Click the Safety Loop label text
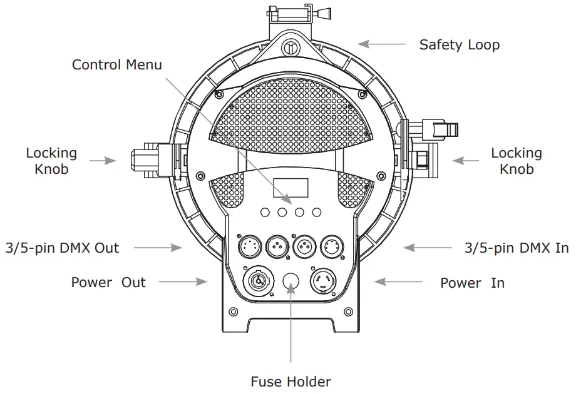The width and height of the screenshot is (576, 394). [459, 45]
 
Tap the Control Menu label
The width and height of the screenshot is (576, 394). [117, 65]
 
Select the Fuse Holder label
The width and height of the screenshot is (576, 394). [291, 381]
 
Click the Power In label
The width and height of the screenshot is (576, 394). [472, 283]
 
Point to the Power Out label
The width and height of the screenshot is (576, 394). [108, 282]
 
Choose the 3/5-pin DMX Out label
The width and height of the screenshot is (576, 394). [63, 248]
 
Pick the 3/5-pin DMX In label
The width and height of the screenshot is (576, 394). [517, 248]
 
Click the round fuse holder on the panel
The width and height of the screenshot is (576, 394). [291, 283]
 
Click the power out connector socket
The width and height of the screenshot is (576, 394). [258, 280]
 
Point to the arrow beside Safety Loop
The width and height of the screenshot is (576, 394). [382, 44]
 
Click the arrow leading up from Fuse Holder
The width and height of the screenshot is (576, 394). [291, 331]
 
